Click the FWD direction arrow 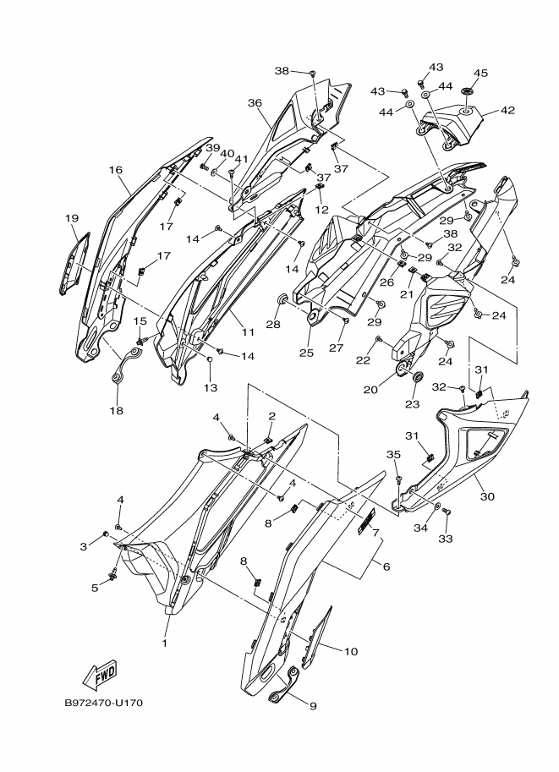pyautogui.click(x=99, y=675)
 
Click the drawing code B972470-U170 pyautogui.click(x=104, y=703)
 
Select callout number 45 pyautogui.click(x=480, y=74)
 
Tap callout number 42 pyautogui.click(x=507, y=110)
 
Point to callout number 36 pyautogui.click(x=255, y=102)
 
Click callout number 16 pyautogui.click(x=116, y=169)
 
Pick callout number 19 pyautogui.click(x=72, y=218)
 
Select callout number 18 pyautogui.click(x=115, y=411)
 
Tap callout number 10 pyautogui.click(x=351, y=651)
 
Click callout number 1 pyautogui.click(x=165, y=643)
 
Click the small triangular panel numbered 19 pyautogui.click(x=74, y=264)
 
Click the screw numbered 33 pyautogui.click(x=447, y=512)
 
